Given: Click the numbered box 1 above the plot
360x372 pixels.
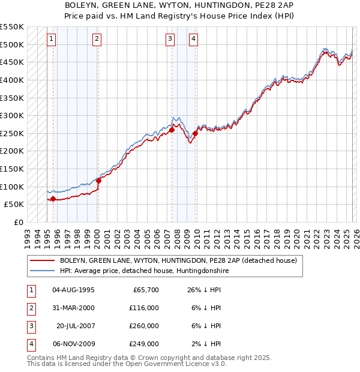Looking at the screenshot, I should tap(52, 40).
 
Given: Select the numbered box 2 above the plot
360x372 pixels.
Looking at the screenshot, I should tap(97, 40).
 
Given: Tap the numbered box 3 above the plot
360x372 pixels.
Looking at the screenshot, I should tap(170, 40).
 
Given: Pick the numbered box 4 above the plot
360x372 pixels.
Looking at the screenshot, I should tap(193, 40).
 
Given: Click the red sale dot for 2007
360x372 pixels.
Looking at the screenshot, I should tap(172, 130).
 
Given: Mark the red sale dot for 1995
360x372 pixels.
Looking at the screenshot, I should tap(53, 199).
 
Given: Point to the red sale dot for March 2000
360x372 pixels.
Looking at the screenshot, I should tap(98, 181).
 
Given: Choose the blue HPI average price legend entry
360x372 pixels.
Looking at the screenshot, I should tap(144, 271).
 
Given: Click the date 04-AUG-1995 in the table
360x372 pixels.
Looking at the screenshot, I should tap(73, 290).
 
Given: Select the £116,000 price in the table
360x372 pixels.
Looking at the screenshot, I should tap(144, 308).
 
